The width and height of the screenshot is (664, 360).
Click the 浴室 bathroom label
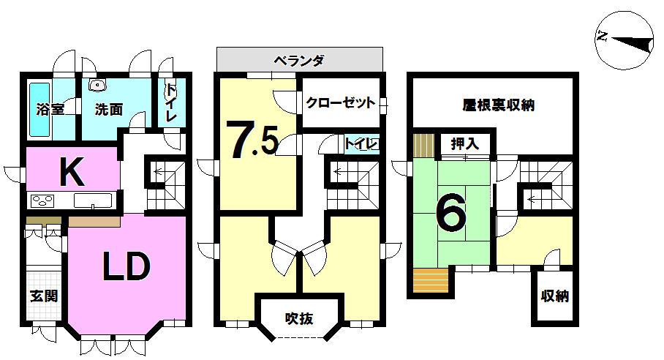click(50, 109)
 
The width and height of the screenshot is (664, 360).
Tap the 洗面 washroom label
click(107, 110)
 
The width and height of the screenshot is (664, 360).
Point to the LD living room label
click(125, 268)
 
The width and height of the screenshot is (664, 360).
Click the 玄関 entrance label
click(45, 296)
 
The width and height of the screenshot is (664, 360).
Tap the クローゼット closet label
click(341, 103)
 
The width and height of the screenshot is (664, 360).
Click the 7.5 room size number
click(252, 140)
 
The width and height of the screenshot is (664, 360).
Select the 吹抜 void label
click(299, 319)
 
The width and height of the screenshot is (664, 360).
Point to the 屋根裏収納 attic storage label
click(499, 105)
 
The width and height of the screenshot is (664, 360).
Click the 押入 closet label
click(465, 143)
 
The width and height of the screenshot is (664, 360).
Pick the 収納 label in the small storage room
click(555, 297)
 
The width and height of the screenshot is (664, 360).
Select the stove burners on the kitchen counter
click(42, 200)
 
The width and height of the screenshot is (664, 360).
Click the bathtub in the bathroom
click(39, 110)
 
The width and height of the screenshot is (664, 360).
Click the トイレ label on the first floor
click(171, 103)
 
